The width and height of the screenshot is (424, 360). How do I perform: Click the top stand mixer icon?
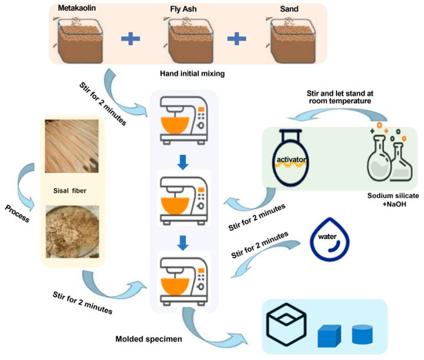pyautogui.click(x=188, y=120)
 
